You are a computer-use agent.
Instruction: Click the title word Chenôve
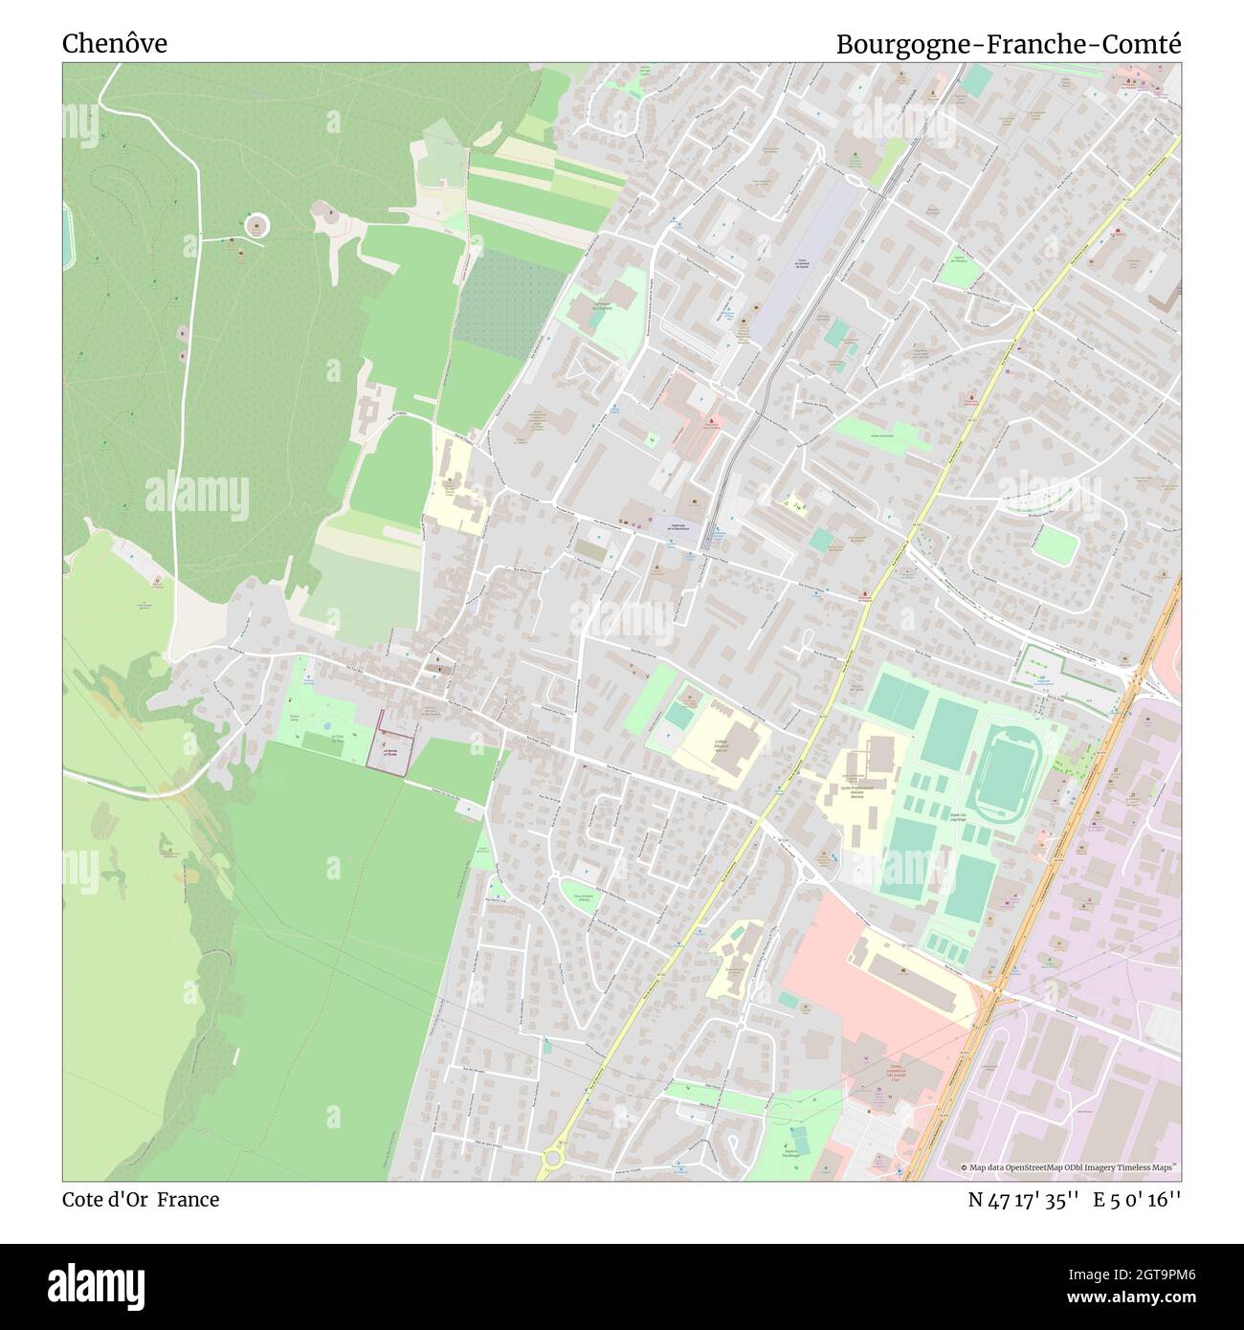point(115,43)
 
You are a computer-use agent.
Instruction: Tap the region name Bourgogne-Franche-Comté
point(1009,44)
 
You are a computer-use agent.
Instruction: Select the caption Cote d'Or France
point(141,1200)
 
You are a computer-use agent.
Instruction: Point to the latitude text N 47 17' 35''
point(1024,1200)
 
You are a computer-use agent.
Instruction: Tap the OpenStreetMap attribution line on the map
point(1069,1167)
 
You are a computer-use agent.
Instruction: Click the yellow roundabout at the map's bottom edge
point(552,1160)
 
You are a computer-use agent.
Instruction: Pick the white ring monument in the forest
point(256,226)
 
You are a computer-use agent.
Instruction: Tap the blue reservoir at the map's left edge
point(66,234)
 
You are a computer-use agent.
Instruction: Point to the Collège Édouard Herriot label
point(721,743)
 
